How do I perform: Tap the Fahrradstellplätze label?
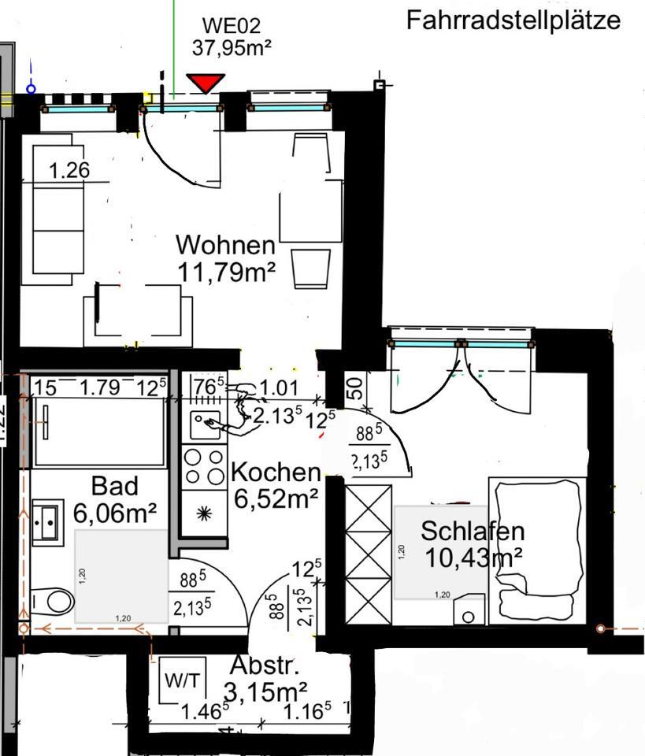[x=513, y=20]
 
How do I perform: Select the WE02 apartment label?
[x=230, y=27]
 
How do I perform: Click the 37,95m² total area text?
[x=232, y=47]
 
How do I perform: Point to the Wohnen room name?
[x=226, y=244]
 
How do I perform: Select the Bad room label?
[x=114, y=484]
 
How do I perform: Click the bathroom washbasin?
[x=45, y=521]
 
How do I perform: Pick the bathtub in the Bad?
[x=98, y=432]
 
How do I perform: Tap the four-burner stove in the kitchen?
[x=204, y=465]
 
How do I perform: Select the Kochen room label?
[x=275, y=472]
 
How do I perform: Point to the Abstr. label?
[x=265, y=666]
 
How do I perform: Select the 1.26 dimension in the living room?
[x=69, y=169]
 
